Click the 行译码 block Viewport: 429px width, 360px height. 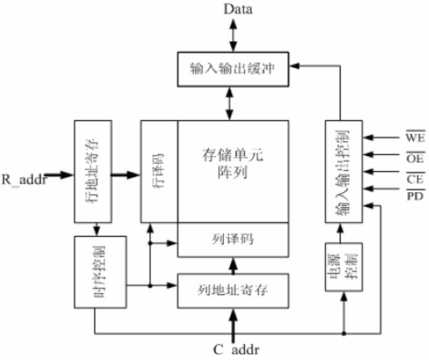(x=159, y=170)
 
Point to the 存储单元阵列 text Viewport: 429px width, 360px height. (x=233, y=162)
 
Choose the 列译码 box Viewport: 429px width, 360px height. (x=233, y=239)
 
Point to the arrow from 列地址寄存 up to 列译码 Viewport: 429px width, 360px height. (x=233, y=265)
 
